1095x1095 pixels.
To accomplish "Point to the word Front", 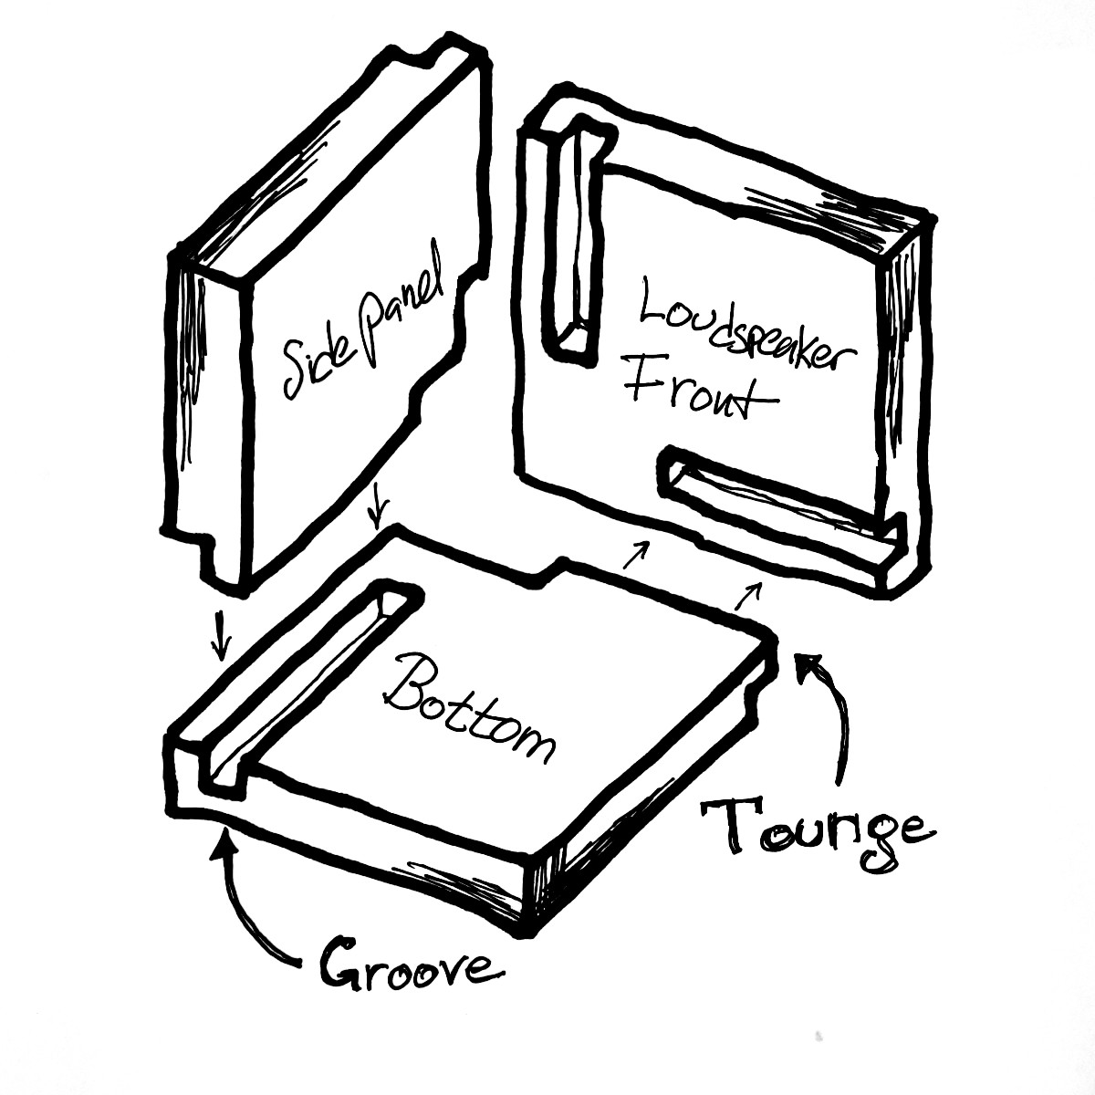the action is [698, 391].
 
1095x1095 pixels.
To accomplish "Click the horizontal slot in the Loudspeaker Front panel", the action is [778, 515].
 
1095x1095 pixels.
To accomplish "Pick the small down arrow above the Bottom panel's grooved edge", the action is [221, 636].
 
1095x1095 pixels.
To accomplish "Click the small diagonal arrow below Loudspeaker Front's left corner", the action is [636, 554].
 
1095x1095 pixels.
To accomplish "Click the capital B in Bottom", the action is [406, 682].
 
